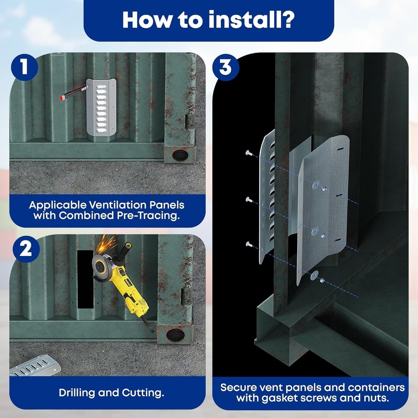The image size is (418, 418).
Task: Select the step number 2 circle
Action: tap(25, 250)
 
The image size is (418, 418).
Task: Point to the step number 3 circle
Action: tap(226, 67)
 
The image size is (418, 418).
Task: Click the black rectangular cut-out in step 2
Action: tap(85, 279)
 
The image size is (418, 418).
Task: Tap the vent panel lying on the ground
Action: tap(36, 367)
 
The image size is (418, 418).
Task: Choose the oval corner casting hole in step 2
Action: tap(175, 334)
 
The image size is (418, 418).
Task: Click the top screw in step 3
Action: tap(248, 153)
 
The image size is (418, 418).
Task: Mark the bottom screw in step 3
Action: tap(248, 244)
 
